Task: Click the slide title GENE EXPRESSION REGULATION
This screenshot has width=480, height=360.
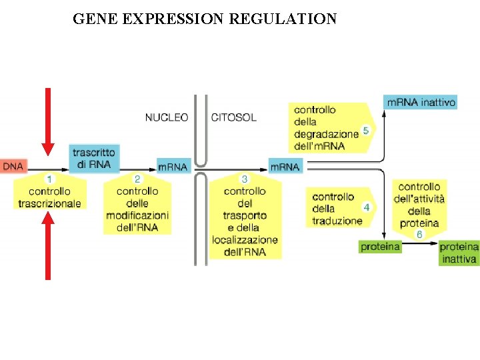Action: (x=205, y=19)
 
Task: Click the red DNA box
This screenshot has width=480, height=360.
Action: (x=13, y=165)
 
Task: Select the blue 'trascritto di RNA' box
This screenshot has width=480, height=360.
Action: (x=94, y=159)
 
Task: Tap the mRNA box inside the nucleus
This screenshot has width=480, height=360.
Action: (x=173, y=166)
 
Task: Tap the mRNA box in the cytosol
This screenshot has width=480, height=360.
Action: (x=285, y=166)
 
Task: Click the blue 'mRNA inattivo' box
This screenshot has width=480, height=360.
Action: (x=421, y=103)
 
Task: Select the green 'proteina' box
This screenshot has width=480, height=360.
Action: (x=380, y=247)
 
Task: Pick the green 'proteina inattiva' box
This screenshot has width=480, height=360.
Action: (x=459, y=252)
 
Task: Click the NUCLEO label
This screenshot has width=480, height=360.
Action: (x=167, y=117)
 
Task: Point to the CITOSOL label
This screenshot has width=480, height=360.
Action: (x=233, y=117)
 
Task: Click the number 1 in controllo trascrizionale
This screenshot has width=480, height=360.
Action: (x=49, y=179)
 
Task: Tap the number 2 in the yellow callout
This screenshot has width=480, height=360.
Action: (x=137, y=179)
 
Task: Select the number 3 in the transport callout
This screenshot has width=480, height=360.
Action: (x=245, y=179)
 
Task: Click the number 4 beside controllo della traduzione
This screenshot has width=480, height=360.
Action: (x=366, y=207)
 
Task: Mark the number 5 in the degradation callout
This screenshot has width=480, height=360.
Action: (x=365, y=131)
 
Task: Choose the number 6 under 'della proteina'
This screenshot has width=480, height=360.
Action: (x=419, y=235)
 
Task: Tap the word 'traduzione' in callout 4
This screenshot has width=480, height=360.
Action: (x=337, y=221)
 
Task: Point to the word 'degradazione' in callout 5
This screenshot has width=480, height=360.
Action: (x=326, y=134)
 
